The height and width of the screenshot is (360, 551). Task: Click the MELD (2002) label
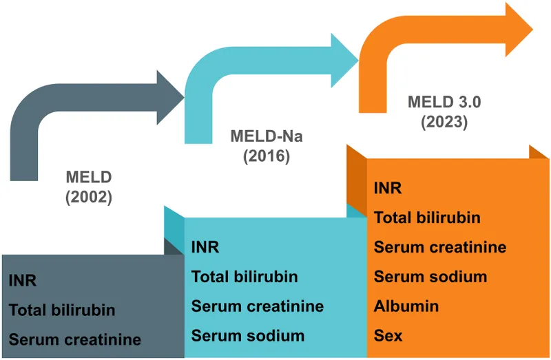88,187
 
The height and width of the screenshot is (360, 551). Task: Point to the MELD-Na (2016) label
266,145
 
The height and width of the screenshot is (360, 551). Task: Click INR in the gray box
23,280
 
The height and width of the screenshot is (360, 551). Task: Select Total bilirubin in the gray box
62,310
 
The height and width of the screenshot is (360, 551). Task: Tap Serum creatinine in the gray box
75,339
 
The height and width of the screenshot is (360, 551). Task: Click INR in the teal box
205,247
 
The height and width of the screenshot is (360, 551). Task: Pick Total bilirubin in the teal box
245,277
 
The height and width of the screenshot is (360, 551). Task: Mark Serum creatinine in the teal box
258,306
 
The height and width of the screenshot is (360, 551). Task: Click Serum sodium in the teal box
248,336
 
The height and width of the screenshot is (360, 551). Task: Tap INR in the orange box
388,188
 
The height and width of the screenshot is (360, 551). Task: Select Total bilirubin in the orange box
427,218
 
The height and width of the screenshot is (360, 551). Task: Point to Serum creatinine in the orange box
440,247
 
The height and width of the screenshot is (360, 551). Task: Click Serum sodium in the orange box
430,277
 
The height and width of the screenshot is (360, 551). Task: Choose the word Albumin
406,306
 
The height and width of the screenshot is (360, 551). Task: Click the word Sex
388,336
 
